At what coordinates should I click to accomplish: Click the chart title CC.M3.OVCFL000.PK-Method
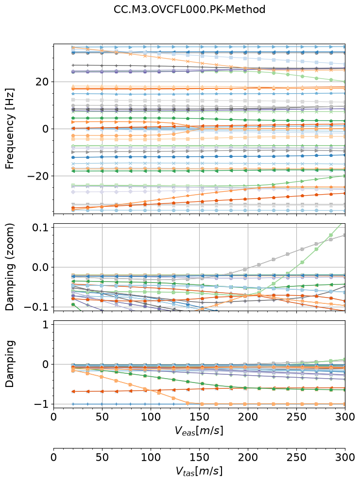(189, 9)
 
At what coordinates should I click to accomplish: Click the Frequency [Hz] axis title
(10, 129)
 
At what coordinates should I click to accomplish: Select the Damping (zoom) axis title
(10, 267)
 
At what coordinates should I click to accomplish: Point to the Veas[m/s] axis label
(199, 431)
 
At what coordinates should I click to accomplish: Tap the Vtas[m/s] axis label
(199, 471)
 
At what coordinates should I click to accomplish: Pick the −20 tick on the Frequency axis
(38, 176)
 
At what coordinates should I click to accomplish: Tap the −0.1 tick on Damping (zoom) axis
(37, 307)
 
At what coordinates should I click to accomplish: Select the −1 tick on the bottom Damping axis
(42, 404)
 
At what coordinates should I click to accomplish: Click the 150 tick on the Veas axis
(199, 417)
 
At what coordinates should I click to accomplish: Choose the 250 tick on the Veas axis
(297, 417)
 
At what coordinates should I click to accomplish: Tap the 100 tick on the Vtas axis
(151, 457)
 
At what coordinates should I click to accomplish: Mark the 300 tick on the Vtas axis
(345, 457)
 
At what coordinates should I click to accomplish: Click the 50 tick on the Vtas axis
(102, 457)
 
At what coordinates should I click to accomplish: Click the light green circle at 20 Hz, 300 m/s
(344, 82)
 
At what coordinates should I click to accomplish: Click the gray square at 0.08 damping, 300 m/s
(344, 235)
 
